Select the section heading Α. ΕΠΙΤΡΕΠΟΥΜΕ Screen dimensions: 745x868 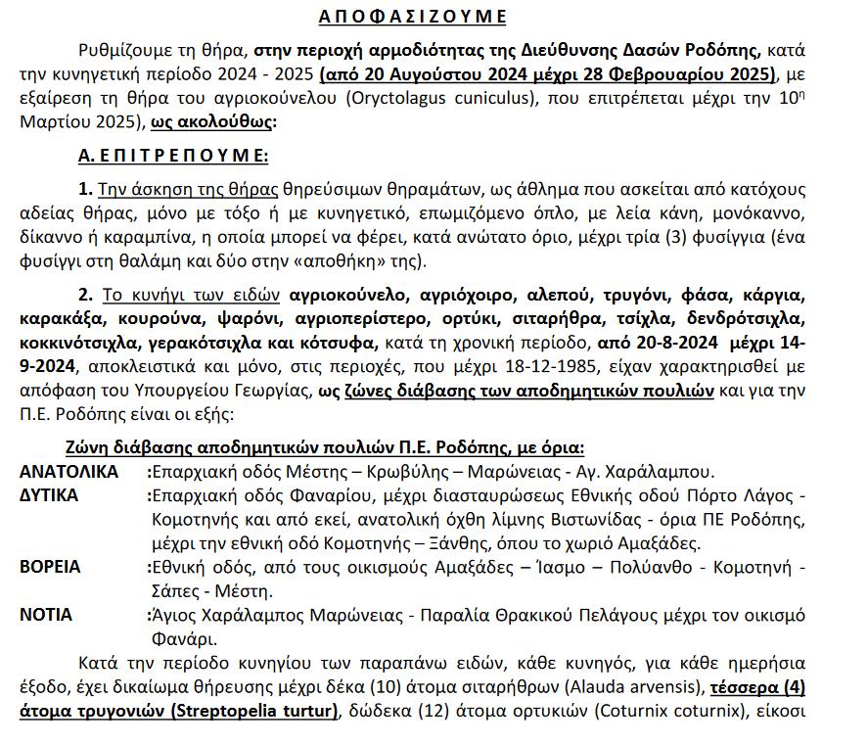coord(173,156)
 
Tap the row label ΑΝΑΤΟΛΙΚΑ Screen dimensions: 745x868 coord(69,471)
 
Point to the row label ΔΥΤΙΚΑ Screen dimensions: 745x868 coord(49,495)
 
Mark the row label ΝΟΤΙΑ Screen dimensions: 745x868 coord(46,615)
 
